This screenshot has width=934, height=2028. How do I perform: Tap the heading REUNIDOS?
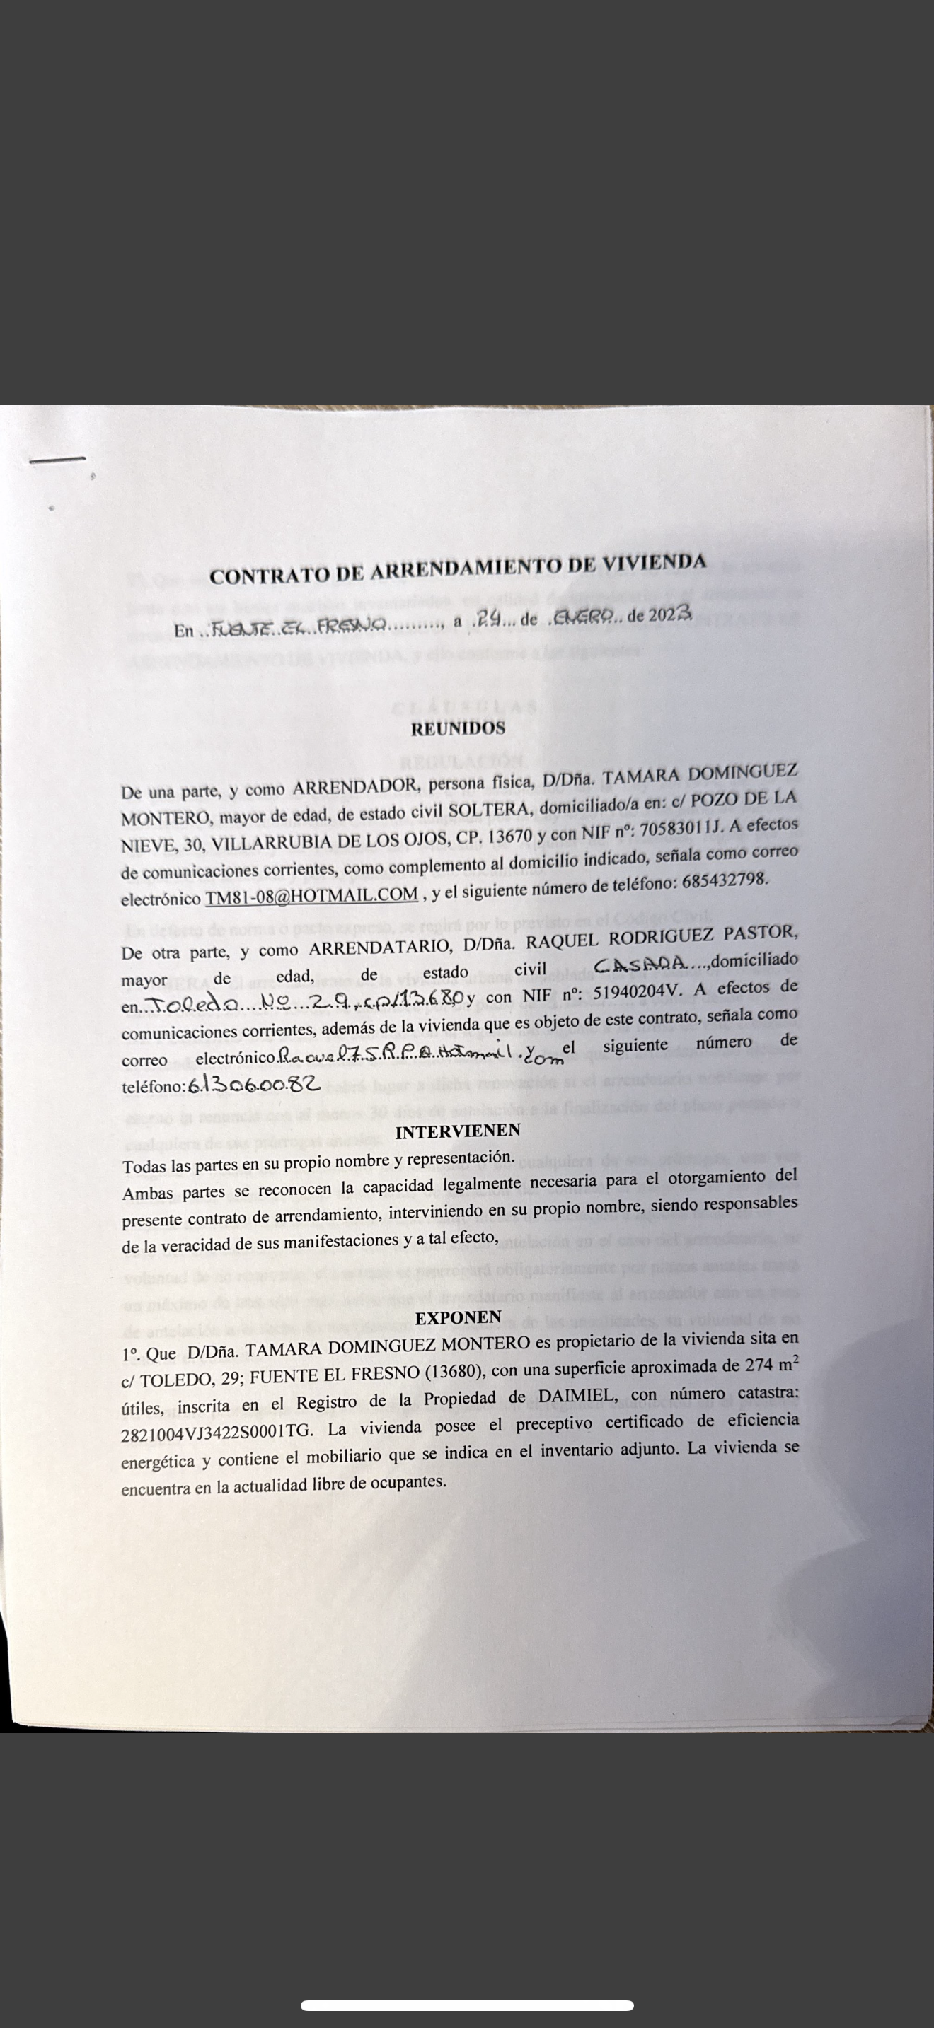(459, 728)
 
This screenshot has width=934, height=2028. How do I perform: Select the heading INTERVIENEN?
(458, 1131)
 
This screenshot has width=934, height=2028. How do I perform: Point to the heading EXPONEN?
(459, 1317)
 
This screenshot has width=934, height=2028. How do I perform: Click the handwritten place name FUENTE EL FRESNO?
(299, 626)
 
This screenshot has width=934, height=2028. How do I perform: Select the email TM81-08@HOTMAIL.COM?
(311, 895)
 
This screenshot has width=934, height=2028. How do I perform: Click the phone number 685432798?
(725, 881)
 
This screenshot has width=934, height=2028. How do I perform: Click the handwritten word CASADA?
(641, 964)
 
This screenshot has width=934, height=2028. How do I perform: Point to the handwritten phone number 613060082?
(254, 1085)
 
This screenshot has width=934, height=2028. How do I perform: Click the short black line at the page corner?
(57, 458)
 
